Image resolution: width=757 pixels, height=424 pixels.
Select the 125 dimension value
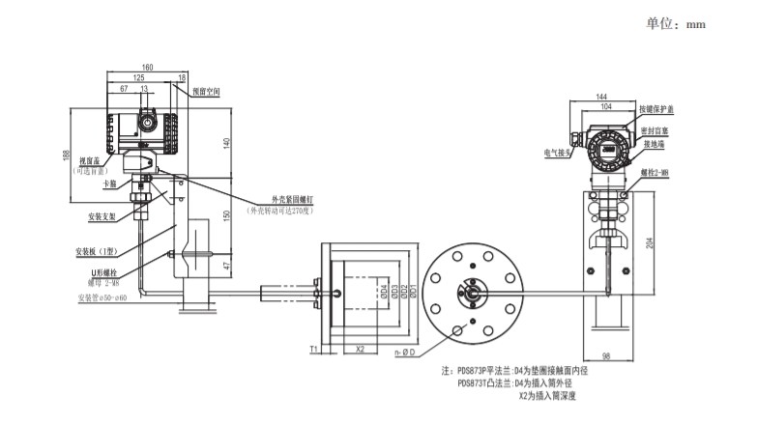[x=139, y=77]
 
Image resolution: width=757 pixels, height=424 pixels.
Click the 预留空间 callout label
[x=206, y=93]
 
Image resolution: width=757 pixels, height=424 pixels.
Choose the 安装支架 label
[x=102, y=215]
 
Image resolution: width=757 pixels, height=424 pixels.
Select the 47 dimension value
[x=227, y=264]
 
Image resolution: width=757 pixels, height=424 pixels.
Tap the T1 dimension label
[x=314, y=348]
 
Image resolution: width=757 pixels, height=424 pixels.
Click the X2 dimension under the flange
[x=360, y=348]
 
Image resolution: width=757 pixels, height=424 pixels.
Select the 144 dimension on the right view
[x=601, y=97]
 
